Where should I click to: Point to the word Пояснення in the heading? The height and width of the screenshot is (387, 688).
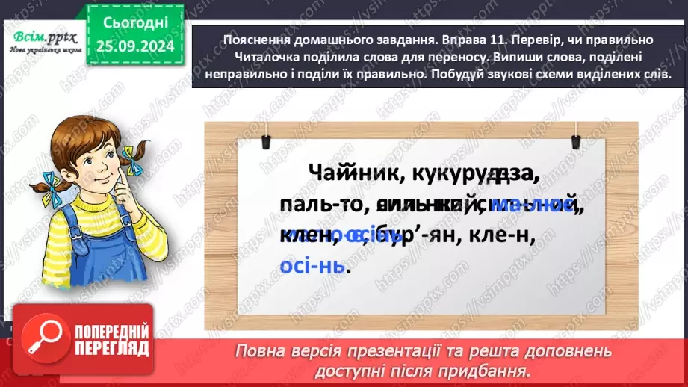256,40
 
